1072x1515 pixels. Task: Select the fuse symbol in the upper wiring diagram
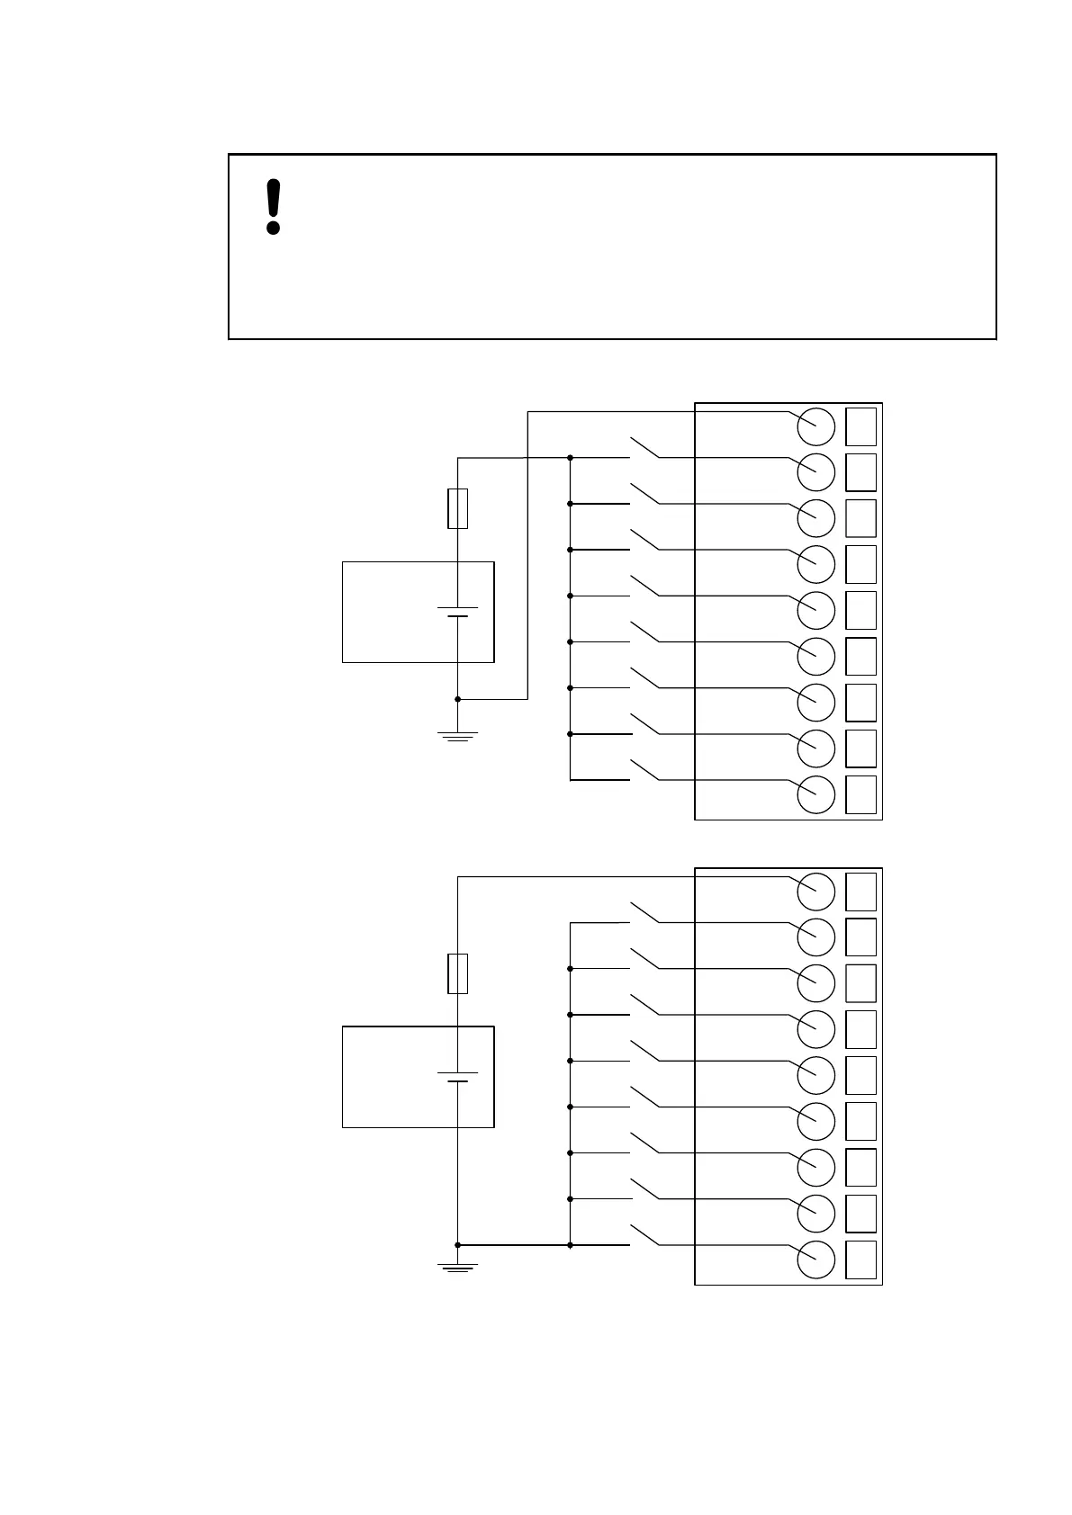457,508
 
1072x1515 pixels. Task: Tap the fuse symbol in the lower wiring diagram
457,973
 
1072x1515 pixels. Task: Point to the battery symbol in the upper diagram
457,613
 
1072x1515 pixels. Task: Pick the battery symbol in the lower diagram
457,1077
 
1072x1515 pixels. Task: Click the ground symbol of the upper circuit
457,737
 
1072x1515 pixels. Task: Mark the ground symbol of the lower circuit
457,1268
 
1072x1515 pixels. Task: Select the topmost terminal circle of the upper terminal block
816,426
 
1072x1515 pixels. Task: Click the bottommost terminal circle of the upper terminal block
816,794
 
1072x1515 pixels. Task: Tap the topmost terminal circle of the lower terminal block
816,891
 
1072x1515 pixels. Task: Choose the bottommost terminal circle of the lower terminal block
816,1260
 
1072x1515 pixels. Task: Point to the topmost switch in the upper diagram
644,448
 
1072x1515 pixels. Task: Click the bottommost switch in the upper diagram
644,771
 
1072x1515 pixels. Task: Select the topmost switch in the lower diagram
644,912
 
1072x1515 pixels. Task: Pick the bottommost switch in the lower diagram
644,1235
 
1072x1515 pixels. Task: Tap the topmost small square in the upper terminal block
861,426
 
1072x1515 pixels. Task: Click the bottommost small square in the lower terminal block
861,1260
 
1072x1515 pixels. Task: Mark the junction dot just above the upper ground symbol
457,698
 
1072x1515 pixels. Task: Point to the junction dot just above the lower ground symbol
457,1245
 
